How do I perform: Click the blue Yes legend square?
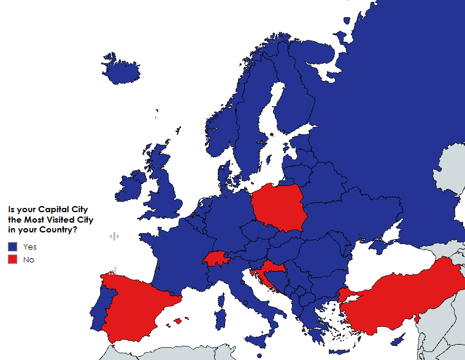tap(12, 247)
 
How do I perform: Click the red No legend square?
tap(12, 260)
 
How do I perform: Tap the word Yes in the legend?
tap(30, 247)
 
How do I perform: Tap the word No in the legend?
tap(28, 260)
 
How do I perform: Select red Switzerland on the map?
tap(214, 259)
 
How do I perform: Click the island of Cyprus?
tap(399, 340)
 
